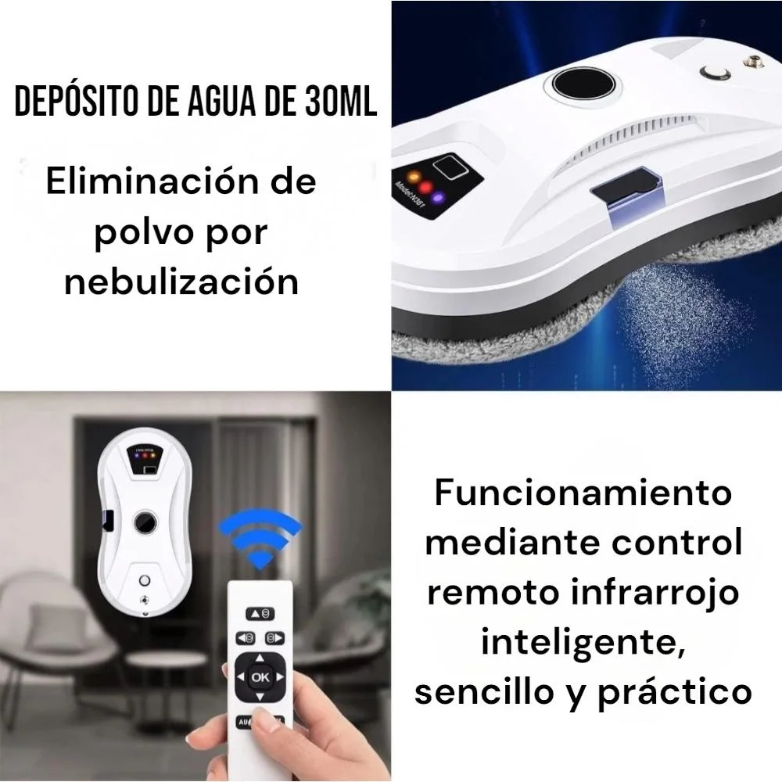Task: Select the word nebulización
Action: [x=181, y=282]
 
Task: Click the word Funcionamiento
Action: [x=583, y=492]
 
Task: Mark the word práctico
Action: [x=675, y=693]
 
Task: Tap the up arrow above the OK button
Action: [x=260, y=658]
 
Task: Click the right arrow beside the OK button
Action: [x=280, y=676]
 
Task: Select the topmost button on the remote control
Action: [x=260, y=613]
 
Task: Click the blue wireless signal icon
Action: [x=260, y=537]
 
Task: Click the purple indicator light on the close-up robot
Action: [x=439, y=198]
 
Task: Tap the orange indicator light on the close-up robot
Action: [x=414, y=177]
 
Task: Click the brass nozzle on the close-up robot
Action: [x=749, y=61]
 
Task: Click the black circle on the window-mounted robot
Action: [x=145, y=522]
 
